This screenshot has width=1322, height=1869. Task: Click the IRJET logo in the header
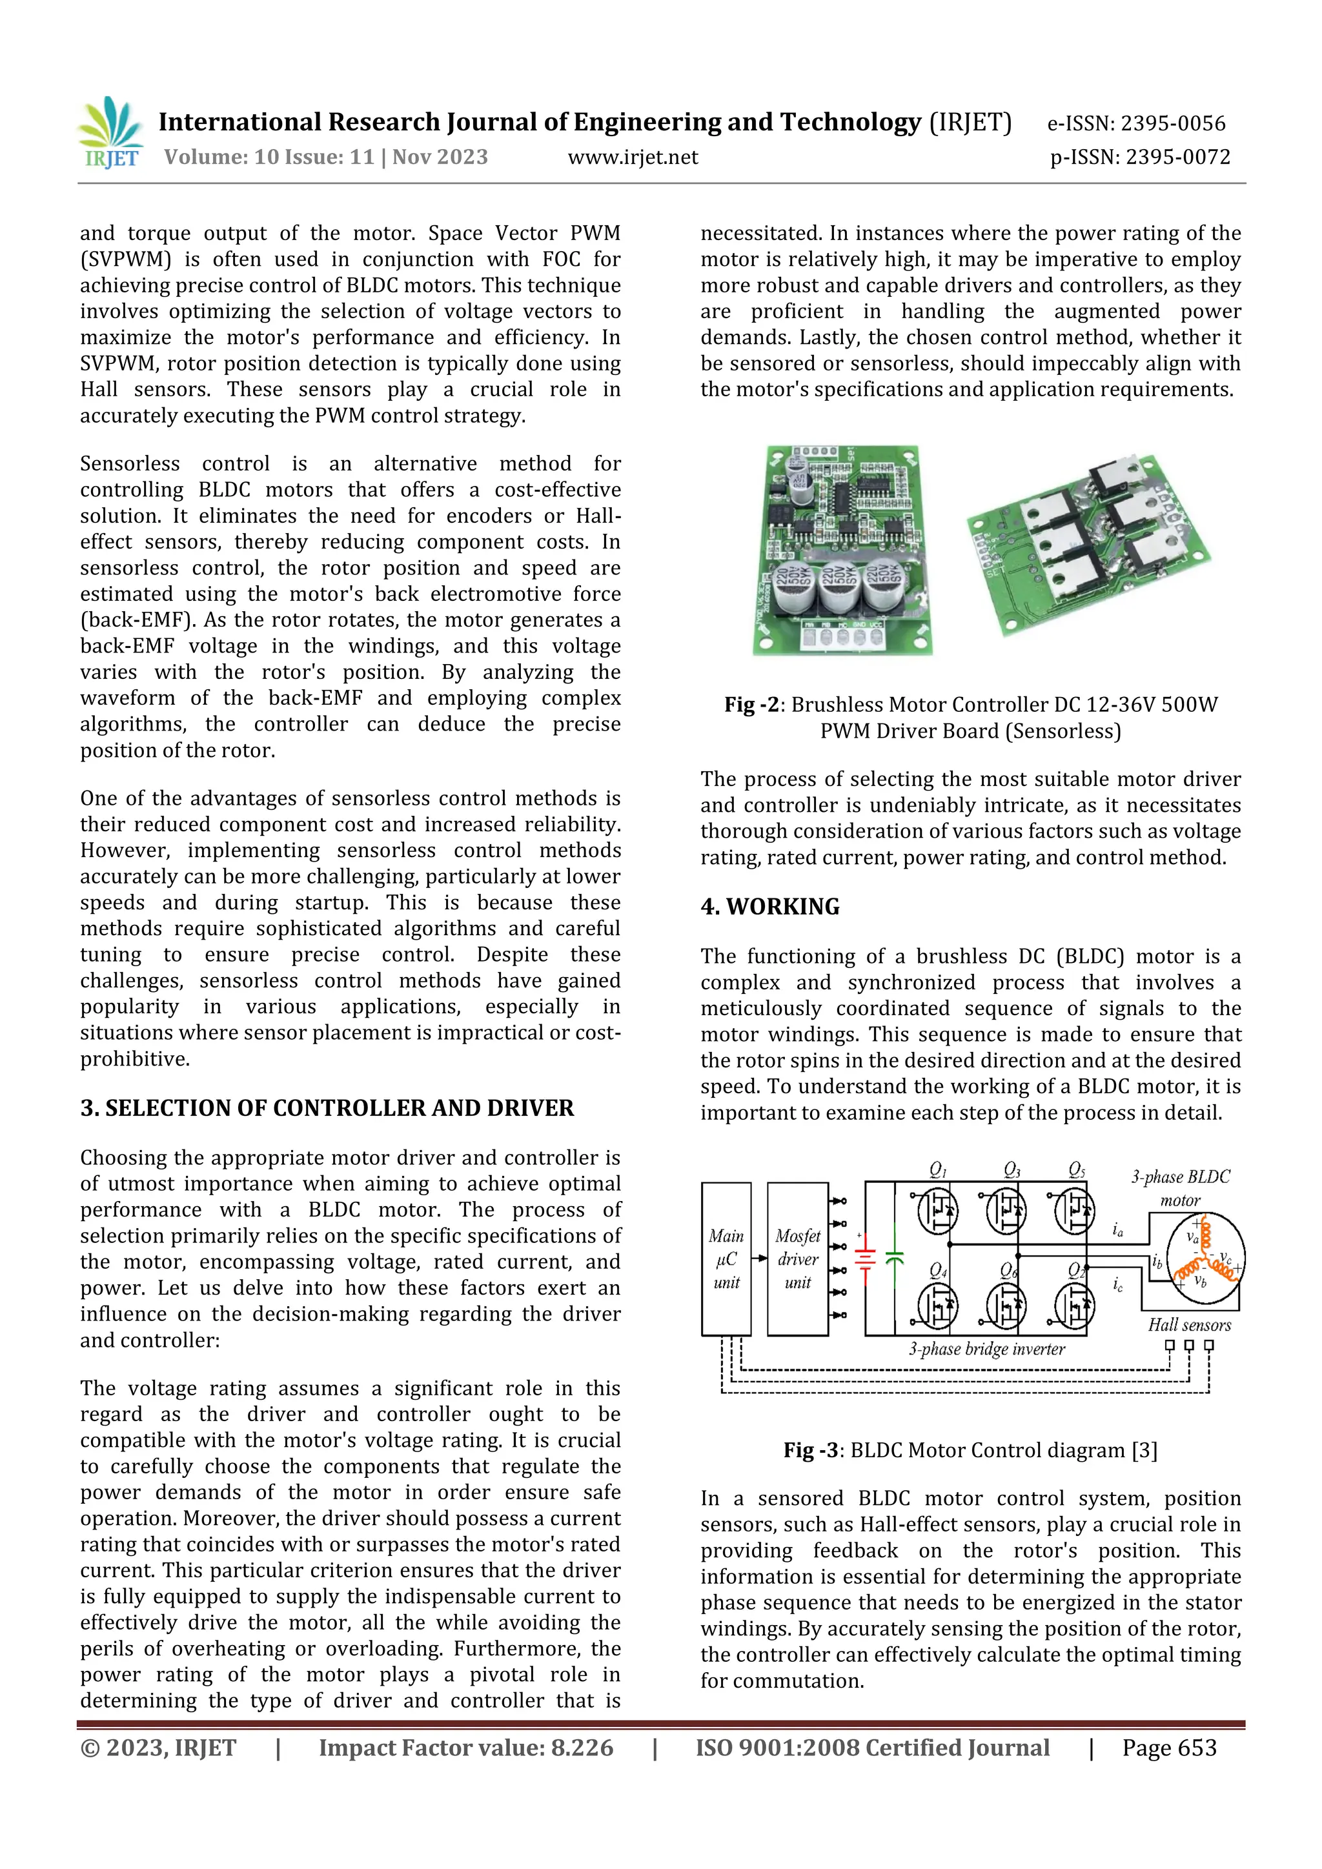(110, 133)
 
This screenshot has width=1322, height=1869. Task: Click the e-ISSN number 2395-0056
(1172, 124)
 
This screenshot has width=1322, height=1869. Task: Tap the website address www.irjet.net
(633, 157)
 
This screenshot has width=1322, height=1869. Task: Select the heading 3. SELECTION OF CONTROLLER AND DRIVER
(327, 1108)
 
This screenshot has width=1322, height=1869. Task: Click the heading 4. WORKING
(769, 907)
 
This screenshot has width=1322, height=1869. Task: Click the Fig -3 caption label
(811, 1451)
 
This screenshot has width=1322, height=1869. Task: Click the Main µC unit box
(726, 1259)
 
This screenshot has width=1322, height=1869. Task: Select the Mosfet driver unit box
(798, 1259)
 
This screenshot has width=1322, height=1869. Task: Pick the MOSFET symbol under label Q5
(1075, 1211)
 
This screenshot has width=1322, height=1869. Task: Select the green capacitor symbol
(895, 1258)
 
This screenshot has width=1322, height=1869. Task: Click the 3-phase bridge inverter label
(986, 1349)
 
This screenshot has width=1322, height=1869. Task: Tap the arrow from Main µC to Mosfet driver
(758, 1258)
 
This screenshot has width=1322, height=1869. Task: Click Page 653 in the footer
(1169, 1748)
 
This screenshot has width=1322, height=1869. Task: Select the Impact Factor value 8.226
(465, 1748)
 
